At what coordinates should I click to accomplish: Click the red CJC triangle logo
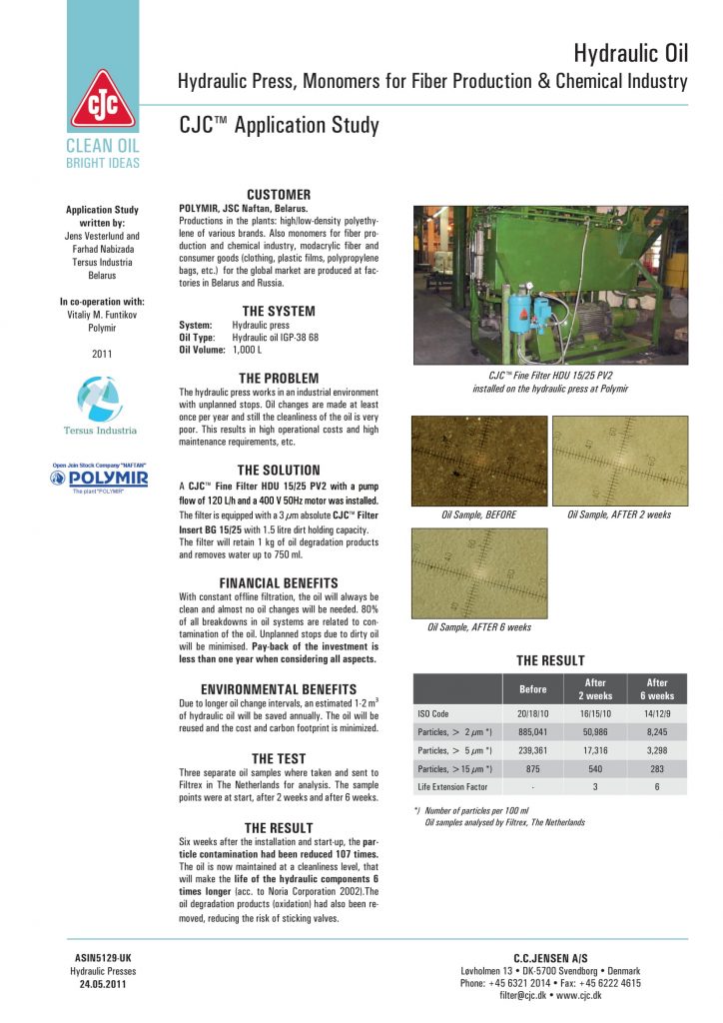(x=104, y=103)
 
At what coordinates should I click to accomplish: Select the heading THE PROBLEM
(x=279, y=378)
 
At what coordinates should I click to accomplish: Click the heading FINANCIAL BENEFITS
(x=279, y=583)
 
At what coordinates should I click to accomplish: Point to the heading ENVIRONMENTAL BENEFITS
(x=279, y=689)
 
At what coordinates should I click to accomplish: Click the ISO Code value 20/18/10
(x=534, y=714)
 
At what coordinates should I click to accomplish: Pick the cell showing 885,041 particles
(x=534, y=732)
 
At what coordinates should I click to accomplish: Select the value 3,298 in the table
(x=657, y=750)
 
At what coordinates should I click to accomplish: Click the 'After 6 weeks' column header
(x=657, y=689)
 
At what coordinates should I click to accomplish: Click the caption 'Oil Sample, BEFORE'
(x=478, y=514)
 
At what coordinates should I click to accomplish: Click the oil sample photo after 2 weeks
(x=619, y=461)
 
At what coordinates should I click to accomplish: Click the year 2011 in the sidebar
(x=102, y=354)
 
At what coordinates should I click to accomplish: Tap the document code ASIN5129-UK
(x=103, y=958)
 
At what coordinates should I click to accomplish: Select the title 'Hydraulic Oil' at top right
(x=631, y=54)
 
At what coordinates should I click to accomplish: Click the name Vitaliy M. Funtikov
(x=102, y=314)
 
